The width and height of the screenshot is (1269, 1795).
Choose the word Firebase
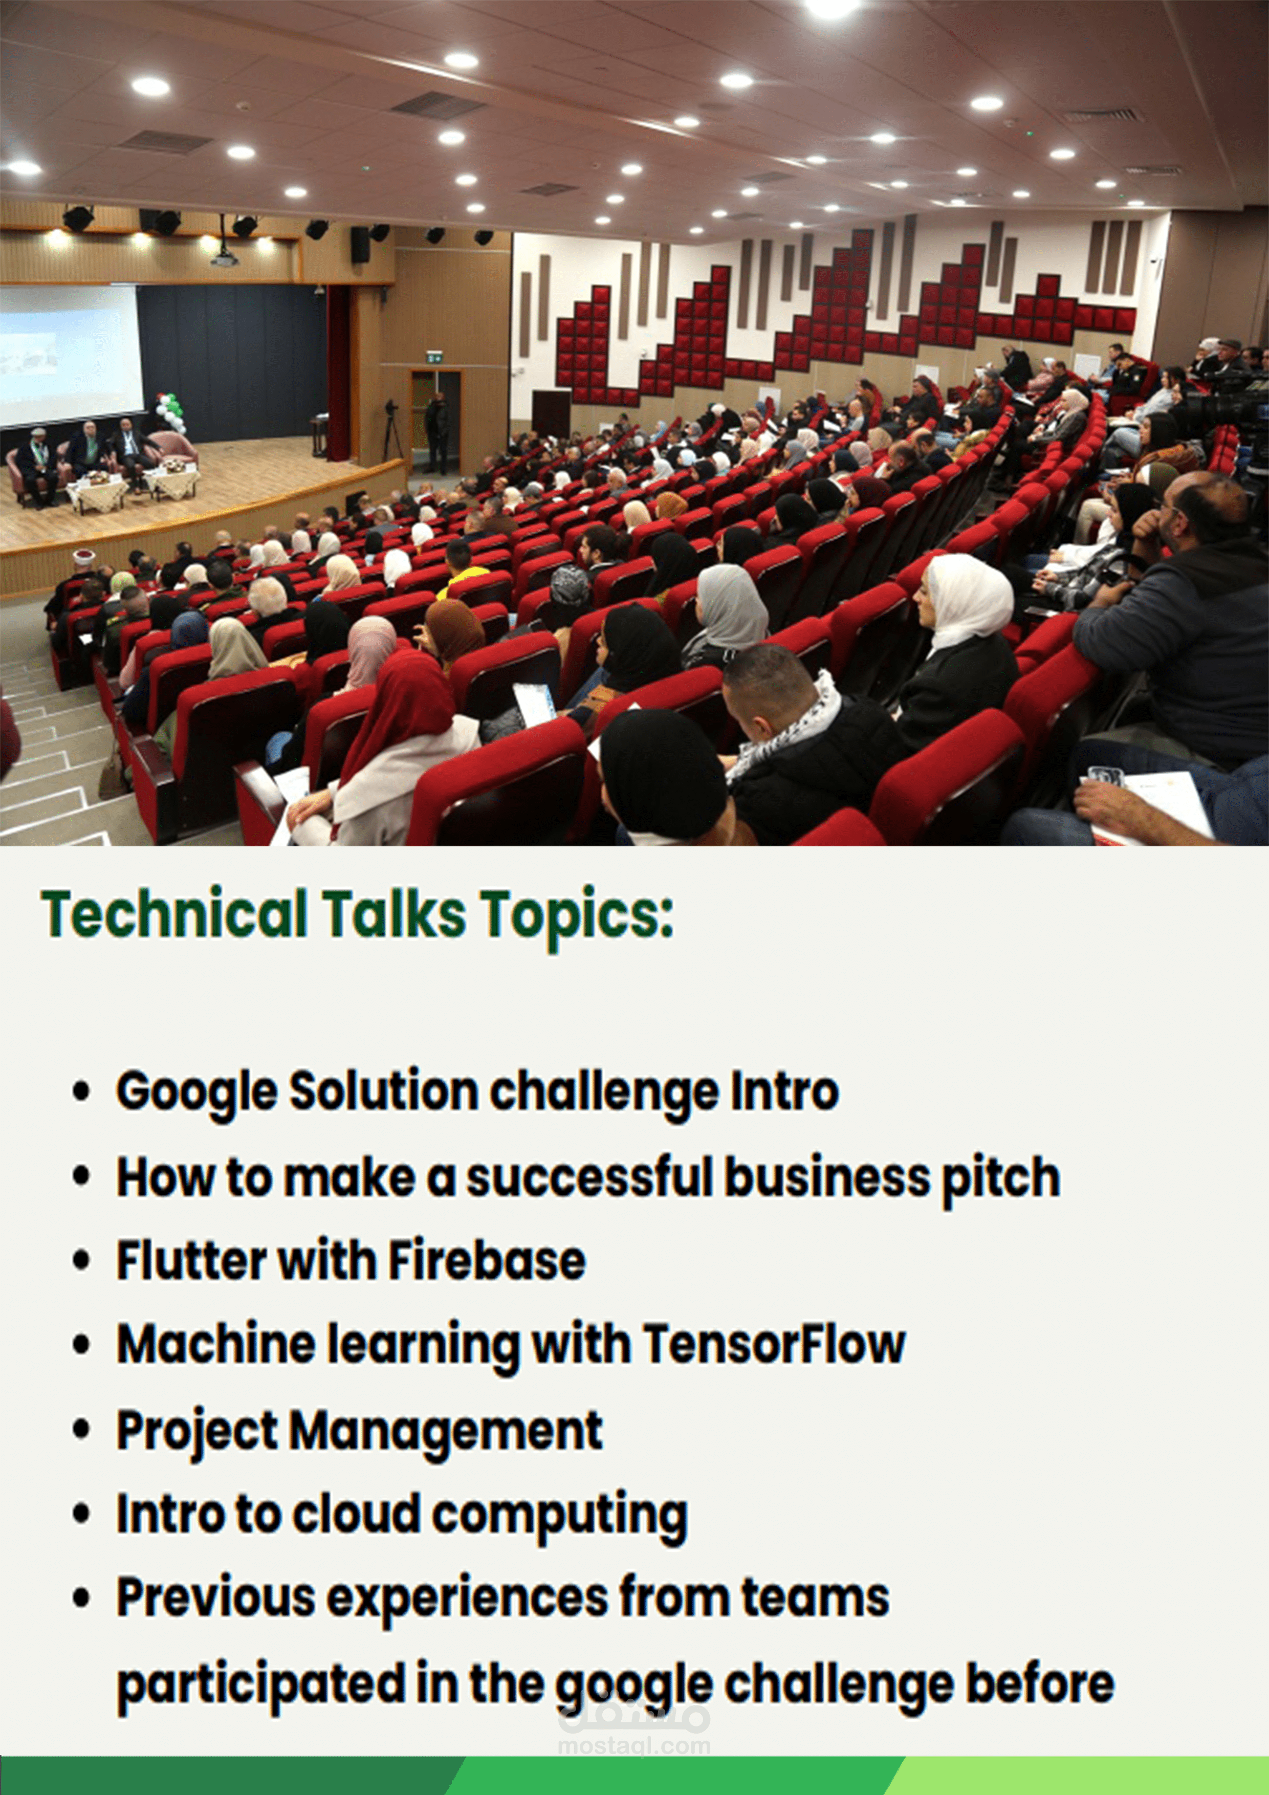[486, 1260]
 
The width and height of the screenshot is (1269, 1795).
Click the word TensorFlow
[774, 1345]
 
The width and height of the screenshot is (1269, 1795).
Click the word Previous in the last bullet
[216, 1596]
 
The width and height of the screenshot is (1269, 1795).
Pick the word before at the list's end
[1040, 1683]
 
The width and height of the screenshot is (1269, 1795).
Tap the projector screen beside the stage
[71, 356]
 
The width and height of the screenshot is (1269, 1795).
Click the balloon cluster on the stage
[170, 412]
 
